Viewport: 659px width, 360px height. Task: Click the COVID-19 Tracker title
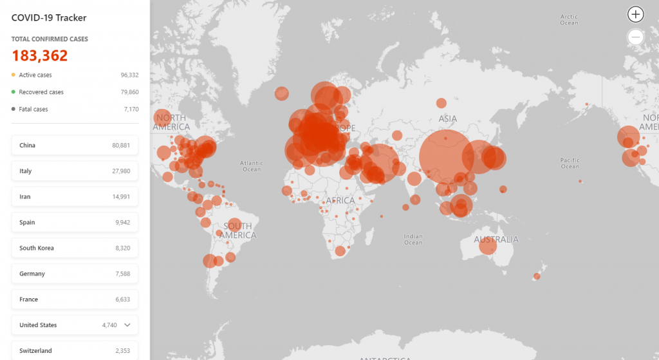coord(49,18)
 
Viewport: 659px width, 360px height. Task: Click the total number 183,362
coord(40,56)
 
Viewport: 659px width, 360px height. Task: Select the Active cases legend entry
coord(35,75)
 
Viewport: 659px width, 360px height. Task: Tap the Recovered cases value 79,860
coord(129,92)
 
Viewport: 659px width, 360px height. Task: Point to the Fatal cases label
coord(33,109)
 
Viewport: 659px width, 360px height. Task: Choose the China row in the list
coord(75,146)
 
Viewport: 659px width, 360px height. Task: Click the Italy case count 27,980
coord(121,171)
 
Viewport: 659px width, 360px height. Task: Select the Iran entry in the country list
coord(75,196)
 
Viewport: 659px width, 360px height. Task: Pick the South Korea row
coord(75,248)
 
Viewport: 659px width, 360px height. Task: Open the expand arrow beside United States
coord(127,325)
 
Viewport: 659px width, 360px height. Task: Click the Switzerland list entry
coord(75,350)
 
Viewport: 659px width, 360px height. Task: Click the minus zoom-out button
coord(636,37)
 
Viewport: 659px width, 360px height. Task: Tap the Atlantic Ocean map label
coord(252,166)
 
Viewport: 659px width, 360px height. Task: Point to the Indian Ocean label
coord(413,239)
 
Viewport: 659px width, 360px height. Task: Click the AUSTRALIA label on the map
coord(496,240)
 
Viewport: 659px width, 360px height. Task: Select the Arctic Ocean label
coord(569,20)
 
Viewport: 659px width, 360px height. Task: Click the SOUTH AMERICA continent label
coord(237,231)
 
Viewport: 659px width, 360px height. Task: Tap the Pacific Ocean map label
coord(570,163)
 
